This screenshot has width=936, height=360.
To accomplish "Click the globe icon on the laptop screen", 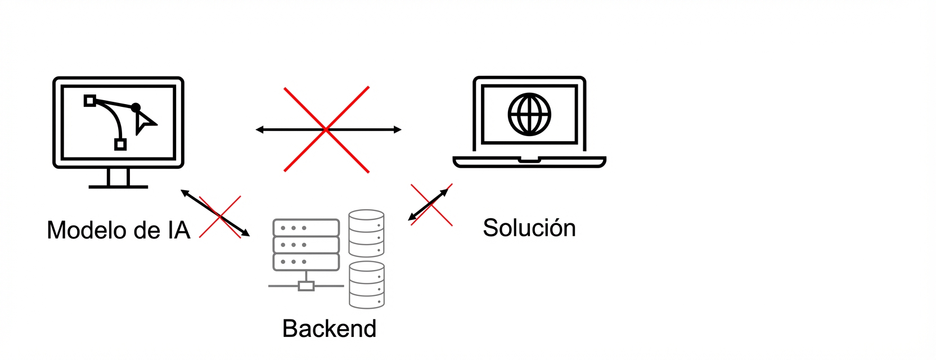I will click(529, 114).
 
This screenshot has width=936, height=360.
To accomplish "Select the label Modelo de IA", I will click(119, 230).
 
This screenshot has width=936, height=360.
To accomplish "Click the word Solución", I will click(529, 228).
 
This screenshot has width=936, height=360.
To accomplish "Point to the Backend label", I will click(329, 328).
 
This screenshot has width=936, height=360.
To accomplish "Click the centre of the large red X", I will click(326, 129).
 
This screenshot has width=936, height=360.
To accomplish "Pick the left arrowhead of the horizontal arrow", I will click(259, 129).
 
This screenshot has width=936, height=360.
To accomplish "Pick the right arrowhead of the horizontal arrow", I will click(398, 129).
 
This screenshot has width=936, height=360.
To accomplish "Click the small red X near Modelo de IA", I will click(220, 217).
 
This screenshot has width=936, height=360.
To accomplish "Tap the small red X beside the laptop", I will click(431, 205).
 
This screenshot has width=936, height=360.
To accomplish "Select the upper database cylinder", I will click(366, 233).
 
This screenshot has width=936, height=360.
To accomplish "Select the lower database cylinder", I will click(366, 285).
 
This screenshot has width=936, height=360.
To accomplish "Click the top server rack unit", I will click(306, 228).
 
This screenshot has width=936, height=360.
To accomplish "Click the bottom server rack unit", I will click(306, 262).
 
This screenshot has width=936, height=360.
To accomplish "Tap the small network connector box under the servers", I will click(306, 286).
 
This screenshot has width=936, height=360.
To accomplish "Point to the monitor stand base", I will click(118, 186).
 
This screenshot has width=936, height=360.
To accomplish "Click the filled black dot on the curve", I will click(136, 107).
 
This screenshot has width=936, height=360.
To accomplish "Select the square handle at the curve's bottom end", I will click(120, 145).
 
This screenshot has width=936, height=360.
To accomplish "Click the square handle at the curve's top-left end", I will click(89, 101).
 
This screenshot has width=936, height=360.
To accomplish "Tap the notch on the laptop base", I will click(529, 160).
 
